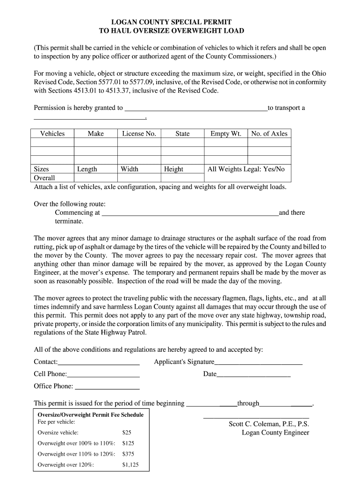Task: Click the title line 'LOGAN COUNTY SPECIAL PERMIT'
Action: coord(172,22)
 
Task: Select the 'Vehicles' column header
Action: coord(52,134)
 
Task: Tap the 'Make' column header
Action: coord(95,134)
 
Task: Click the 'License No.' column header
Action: coord(139,134)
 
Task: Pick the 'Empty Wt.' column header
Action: coord(225,134)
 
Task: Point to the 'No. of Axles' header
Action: coord(269,134)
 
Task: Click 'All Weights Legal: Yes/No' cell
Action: coord(246,169)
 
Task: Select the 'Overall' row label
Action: coord(44,178)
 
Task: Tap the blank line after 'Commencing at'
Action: coord(190,213)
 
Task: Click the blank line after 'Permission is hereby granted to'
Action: coord(195,108)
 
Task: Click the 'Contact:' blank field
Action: coord(99,362)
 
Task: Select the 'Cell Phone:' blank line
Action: coord(103,374)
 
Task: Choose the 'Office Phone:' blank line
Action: coord(107,386)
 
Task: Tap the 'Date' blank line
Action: coord(253,374)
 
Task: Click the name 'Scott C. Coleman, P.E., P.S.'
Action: coord(269,424)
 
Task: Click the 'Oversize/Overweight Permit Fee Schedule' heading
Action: coord(90,415)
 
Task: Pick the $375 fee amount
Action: coord(129,454)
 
